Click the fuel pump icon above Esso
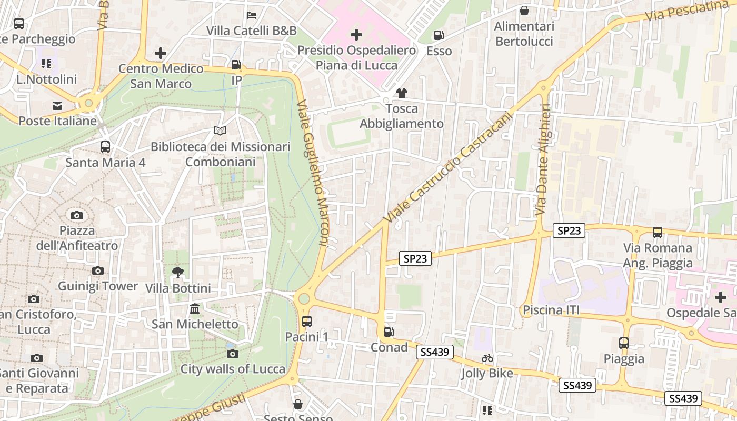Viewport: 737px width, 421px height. coord(439,35)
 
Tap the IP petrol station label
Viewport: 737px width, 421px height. coord(237,80)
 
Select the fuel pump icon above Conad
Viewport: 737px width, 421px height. coord(389,332)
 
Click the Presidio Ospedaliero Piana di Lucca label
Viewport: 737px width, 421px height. coord(356,58)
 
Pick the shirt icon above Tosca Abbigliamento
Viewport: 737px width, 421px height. coord(402,93)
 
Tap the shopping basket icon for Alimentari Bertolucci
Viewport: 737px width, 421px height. coord(524,11)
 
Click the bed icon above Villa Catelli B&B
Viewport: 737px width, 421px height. coord(252,15)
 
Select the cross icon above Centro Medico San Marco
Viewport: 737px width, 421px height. coord(161,53)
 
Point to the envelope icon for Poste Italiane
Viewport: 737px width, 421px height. coord(57,106)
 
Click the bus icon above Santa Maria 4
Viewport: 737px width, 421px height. coord(105,147)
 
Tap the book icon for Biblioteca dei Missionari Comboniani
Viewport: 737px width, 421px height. coord(220,131)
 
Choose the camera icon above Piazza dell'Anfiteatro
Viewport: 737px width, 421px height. coord(77,215)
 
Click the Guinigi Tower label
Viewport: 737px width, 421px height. coord(98,286)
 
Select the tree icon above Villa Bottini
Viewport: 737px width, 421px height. coord(178,273)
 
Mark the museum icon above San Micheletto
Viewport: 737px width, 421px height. coord(195,308)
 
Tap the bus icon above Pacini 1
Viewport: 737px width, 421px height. coord(306,321)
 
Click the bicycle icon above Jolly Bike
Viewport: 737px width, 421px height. coord(487,358)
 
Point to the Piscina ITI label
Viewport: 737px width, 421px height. coord(551,310)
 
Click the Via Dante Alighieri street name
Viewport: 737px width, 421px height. coord(542,159)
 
